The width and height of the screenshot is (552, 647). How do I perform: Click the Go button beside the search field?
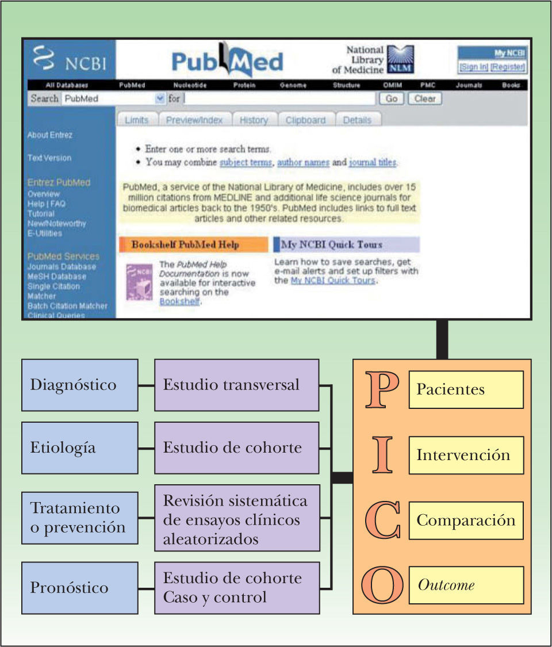coord(392,99)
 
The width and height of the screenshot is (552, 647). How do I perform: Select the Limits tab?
coord(136,120)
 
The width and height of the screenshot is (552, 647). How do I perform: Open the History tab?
coord(254,120)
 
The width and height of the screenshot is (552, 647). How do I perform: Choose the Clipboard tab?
coord(305,120)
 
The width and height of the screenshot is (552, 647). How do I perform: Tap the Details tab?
coord(357,120)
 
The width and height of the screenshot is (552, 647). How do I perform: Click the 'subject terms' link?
coord(246,162)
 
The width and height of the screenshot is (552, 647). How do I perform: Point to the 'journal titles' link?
coord(373,162)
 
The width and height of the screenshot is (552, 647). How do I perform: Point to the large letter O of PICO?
coord(381,584)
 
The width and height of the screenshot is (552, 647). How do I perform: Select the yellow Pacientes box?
coord(466,389)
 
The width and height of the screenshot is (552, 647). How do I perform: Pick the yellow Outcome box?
coord(466,585)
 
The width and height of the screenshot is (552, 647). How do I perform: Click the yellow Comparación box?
coord(466,520)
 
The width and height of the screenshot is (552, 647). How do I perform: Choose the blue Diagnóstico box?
coord(80,385)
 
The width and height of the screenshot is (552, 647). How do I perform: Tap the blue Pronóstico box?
coord(80,588)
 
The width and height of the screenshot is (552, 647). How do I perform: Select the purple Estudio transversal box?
coord(237,385)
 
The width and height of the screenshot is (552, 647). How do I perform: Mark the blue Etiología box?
coord(80,448)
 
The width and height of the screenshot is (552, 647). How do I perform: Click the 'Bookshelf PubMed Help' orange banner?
coord(193,244)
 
